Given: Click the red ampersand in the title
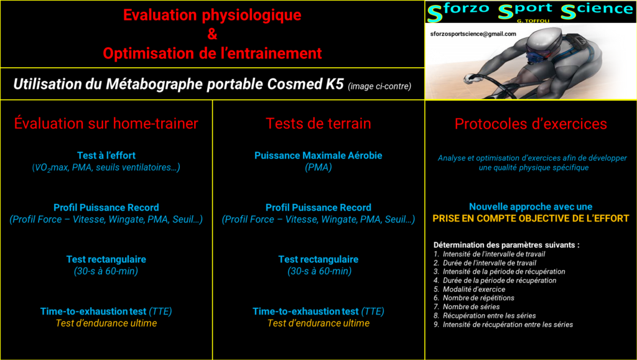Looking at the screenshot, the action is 212,34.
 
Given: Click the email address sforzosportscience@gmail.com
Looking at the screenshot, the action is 473,34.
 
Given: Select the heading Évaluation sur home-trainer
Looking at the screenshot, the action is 106,123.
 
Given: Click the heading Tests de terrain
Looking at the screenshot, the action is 318,123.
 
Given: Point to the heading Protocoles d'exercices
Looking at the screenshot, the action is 531,124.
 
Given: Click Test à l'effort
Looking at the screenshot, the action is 106,155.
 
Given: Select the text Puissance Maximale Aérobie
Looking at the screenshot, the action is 318,155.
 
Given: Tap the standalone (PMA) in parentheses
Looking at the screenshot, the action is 318,167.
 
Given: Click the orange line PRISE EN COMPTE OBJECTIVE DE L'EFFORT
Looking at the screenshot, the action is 531,219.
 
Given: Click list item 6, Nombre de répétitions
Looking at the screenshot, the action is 473,298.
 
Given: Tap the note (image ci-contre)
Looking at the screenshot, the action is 379,86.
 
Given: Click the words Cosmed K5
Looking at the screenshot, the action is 305,84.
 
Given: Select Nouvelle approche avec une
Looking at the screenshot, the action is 531,207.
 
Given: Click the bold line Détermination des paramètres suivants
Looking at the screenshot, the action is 506,245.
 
